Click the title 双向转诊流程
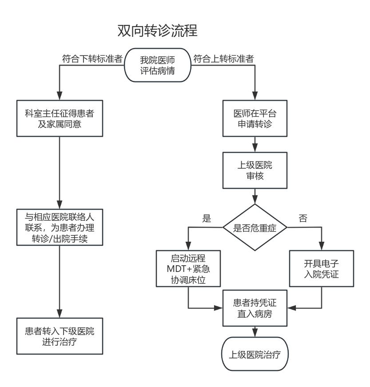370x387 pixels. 157,31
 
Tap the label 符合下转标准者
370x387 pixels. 92,58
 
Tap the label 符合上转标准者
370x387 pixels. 223,58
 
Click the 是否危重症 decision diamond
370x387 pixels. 255,227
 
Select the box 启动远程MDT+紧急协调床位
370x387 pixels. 188,268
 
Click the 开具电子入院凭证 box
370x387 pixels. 321,268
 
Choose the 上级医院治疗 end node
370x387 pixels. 255,355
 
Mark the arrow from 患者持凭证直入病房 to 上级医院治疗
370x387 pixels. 255,331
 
